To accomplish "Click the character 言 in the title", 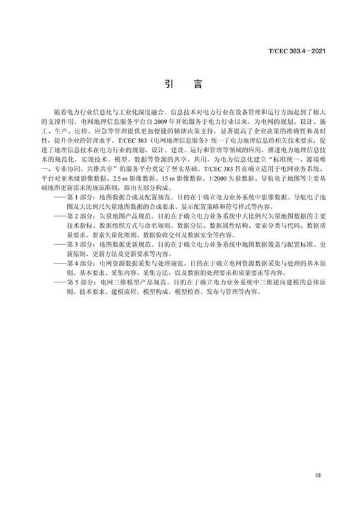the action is pyautogui.click(x=197, y=84).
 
